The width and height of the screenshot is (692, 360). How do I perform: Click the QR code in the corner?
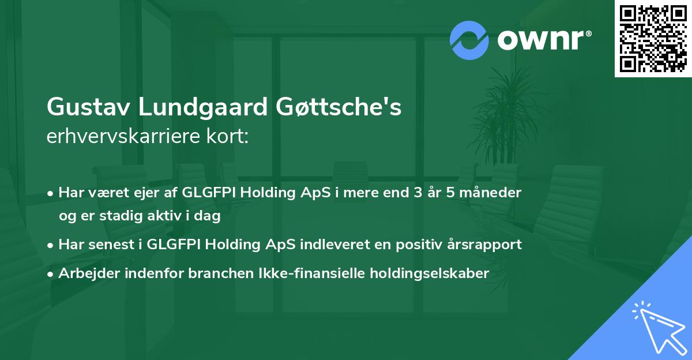(653, 38)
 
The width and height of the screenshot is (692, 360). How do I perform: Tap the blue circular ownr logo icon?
(469, 40)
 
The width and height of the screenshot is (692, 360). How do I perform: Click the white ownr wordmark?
(544, 40)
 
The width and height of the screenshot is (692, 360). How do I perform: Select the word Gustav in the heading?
(88, 107)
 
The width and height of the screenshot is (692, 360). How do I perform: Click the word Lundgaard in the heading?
(202, 107)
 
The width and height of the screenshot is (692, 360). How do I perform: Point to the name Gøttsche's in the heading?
(339, 107)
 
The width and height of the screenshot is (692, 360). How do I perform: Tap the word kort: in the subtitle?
(227, 136)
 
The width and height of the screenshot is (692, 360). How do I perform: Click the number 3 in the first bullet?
(418, 193)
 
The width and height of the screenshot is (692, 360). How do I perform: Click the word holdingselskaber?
(430, 273)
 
